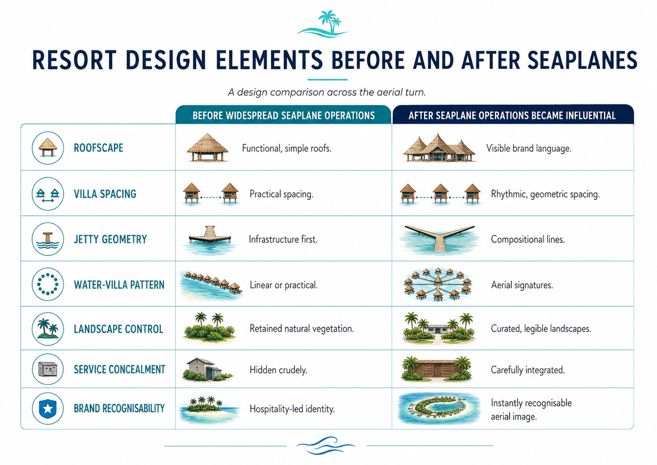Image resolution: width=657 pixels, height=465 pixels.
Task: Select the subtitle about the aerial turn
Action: (327, 92)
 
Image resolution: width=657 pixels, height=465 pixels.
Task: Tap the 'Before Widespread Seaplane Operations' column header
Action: (284, 115)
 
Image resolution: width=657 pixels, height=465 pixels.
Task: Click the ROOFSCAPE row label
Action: (99, 148)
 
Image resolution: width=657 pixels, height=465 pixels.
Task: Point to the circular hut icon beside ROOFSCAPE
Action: (48, 148)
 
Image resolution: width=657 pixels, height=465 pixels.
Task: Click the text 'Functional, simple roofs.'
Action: (286, 149)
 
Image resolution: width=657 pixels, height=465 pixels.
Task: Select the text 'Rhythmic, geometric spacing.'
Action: (545, 194)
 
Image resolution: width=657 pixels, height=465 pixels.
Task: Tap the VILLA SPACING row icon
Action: (48, 194)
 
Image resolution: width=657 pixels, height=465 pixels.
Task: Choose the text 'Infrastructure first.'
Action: (283, 239)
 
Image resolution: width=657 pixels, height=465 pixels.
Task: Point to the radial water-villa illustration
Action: (438, 284)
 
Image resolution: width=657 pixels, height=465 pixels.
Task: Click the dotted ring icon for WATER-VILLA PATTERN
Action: (48, 284)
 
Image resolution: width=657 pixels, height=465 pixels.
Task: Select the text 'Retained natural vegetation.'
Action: (301, 328)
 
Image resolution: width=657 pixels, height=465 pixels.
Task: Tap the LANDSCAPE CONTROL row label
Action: (119, 329)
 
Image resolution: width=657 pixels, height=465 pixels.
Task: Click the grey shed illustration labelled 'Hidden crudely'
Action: (207, 370)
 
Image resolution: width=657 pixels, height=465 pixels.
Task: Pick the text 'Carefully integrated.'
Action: (527, 370)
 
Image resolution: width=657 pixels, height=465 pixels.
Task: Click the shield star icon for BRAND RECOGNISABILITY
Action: (48, 409)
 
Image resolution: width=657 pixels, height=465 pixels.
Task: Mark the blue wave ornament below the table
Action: (326, 445)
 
